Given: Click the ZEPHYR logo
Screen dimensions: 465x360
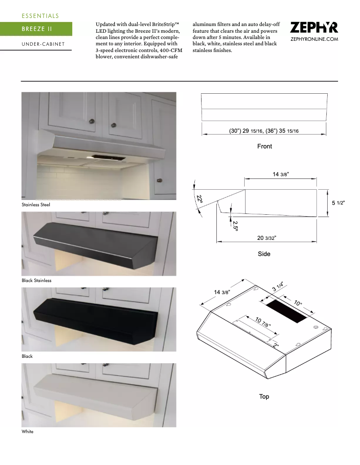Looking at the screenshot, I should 314,28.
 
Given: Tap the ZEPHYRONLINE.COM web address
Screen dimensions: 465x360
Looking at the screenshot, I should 314,39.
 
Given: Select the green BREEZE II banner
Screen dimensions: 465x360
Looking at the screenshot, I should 36,29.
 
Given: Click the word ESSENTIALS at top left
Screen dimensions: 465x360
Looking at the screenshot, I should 40,16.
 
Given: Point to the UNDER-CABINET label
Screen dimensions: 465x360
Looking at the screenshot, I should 43,44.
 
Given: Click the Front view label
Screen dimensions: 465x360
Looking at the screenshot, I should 264,146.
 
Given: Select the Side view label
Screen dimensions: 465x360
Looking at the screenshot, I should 264,254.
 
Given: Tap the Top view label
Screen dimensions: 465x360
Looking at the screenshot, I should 264,396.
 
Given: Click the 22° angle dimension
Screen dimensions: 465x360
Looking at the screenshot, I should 199,199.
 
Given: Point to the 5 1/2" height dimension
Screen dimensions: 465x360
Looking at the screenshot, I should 338,203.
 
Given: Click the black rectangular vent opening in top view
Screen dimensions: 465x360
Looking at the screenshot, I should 286,311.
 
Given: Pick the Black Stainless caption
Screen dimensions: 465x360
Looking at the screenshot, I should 36,280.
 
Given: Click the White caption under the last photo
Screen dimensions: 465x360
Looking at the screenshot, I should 27,431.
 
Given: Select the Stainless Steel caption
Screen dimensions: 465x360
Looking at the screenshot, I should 36,204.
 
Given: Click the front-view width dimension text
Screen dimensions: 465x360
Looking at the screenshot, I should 263,130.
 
